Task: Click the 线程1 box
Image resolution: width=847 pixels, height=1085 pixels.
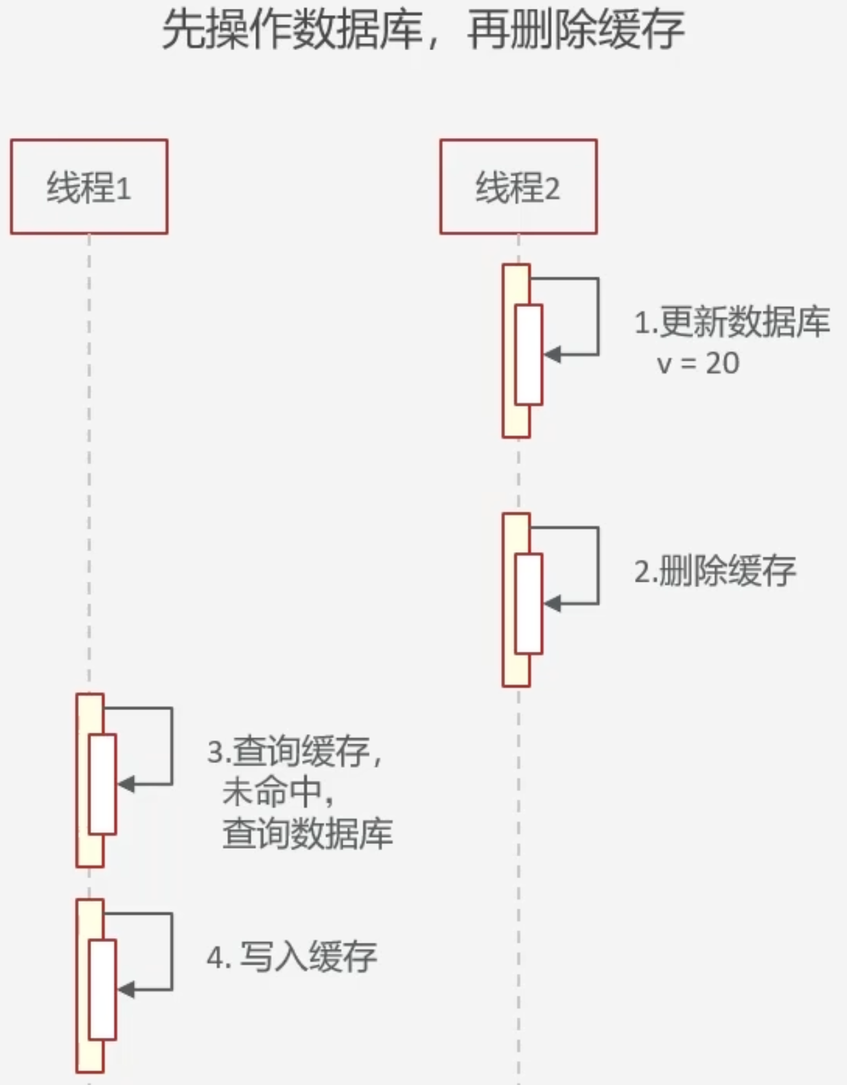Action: tap(89, 187)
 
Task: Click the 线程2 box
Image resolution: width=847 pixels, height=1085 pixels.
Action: tap(518, 187)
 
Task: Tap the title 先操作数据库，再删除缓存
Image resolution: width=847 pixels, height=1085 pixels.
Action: tap(423, 31)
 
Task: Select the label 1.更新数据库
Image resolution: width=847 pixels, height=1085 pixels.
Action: tap(732, 322)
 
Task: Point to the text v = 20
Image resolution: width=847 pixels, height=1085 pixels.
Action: tap(698, 363)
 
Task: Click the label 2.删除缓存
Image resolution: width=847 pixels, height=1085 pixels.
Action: tap(715, 571)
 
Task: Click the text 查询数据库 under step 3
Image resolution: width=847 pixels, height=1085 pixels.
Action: tap(308, 834)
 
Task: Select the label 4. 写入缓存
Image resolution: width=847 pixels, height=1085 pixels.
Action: tap(292, 957)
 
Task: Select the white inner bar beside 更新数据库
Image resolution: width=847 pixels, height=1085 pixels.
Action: tap(529, 354)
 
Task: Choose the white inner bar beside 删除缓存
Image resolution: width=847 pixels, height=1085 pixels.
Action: tap(529, 604)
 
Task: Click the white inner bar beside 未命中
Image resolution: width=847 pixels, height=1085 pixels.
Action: tap(102, 784)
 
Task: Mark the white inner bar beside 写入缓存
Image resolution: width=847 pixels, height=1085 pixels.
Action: tap(102, 989)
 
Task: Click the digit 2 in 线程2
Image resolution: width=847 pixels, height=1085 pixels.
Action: tap(553, 188)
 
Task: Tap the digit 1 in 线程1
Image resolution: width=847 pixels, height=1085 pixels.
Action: tap(124, 188)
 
